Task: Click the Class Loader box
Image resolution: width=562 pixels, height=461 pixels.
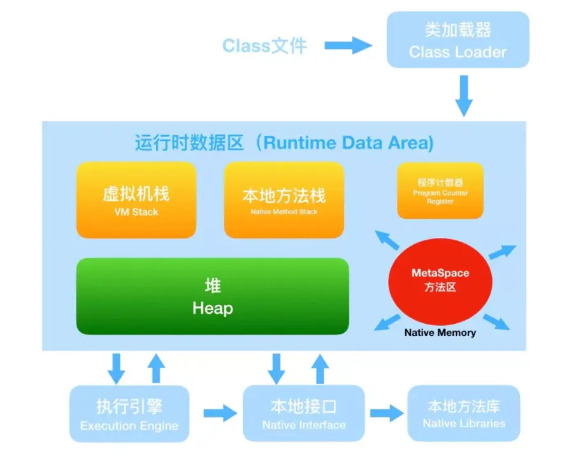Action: pyautogui.click(x=458, y=40)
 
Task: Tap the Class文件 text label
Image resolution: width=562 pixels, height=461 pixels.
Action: pyautogui.click(x=264, y=45)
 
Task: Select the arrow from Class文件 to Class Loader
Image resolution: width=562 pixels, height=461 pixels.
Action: pyautogui.click(x=348, y=45)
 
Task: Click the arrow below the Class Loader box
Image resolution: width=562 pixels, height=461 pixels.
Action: pyautogui.click(x=465, y=95)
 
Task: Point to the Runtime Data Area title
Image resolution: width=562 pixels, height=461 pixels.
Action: pyautogui.click(x=284, y=142)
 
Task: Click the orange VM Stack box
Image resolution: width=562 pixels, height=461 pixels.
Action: pyautogui.click(x=136, y=200)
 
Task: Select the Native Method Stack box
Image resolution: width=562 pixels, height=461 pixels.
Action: pyautogui.click(x=284, y=200)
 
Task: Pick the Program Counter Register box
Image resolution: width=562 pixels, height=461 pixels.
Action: pyautogui.click(x=440, y=191)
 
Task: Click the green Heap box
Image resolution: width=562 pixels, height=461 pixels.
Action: pyautogui.click(x=213, y=296)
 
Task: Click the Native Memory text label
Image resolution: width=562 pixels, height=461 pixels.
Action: pyautogui.click(x=440, y=332)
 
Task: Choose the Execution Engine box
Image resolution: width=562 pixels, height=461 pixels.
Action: pyautogui.click(x=129, y=414)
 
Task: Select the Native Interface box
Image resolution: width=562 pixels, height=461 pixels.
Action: pyautogui.click(x=304, y=414)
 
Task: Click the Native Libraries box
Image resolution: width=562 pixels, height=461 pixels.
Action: pyautogui.click(x=464, y=413)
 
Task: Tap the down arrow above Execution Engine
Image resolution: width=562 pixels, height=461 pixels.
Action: pyautogui.click(x=116, y=368)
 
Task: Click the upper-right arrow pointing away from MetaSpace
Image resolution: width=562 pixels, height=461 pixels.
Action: pyautogui.click(x=503, y=251)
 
